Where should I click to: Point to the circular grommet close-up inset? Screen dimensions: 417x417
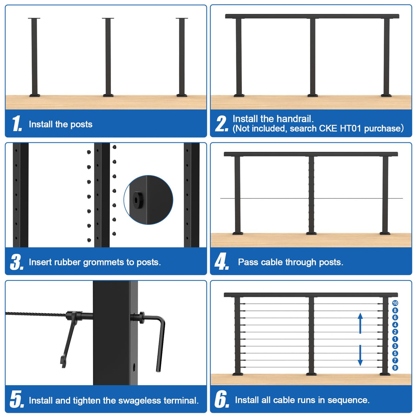click(x=148, y=200)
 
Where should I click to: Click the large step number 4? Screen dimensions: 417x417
click(x=221, y=262)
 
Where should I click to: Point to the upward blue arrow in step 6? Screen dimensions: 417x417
click(x=360, y=323)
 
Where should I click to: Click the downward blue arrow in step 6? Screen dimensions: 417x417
click(x=360, y=356)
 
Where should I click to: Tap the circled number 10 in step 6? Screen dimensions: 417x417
click(x=395, y=303)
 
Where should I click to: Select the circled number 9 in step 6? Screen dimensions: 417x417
click(x=395, y=368)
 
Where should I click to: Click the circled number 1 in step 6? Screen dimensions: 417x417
click(x=395, y=339)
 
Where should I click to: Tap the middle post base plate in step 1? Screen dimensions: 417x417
click(x=108, y=95)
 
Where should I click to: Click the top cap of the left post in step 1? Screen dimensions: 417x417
click(x=34, y=18)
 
